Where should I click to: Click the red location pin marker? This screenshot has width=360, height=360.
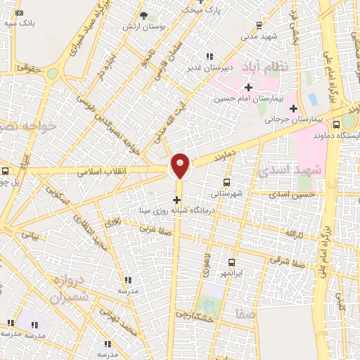coord(180,165)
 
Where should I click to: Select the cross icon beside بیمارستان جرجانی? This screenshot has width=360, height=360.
coord(293,108)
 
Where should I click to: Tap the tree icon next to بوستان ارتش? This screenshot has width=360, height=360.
coord(143,15)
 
